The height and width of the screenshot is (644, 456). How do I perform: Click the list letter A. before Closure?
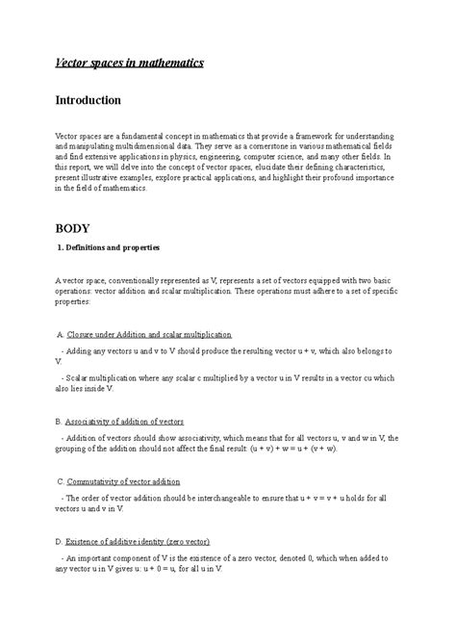coord(60,334)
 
